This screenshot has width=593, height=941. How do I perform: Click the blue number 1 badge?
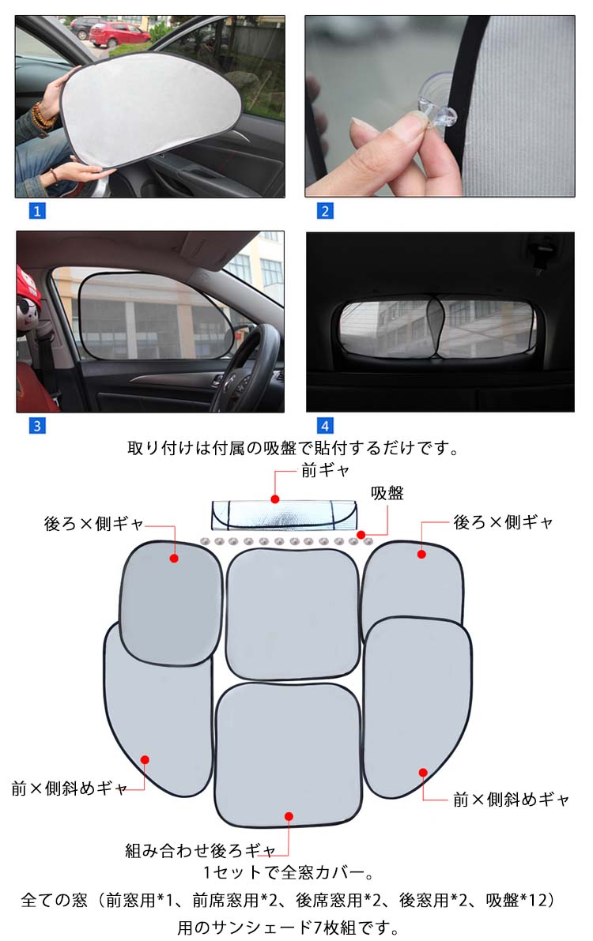pyautogui.click(x=36, y=211)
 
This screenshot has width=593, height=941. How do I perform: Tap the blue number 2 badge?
pyautogui.click(x=324, y=211)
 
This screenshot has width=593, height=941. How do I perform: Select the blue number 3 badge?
pyautogui.click(x=36, y=426)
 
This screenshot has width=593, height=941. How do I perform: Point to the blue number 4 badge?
pyautogui.click(x=324, y=426)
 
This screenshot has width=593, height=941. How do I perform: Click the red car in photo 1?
pyautogui.click(x=119, y=35)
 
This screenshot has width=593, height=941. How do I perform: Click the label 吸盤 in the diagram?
pyautogui.click(x=387, y=493)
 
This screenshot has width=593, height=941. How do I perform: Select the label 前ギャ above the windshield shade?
pyautogui.click(x=325, y=471)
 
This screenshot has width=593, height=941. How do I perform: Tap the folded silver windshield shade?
pyautogui.click(x=284, y=515)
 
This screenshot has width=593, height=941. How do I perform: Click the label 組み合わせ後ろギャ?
pyautogui.click(x=200, y=850)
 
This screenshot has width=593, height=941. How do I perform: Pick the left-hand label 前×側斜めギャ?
pyautogui.click(x=69, y=788)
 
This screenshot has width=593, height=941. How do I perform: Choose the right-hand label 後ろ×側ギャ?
pyautogui.click(x=503, y=522)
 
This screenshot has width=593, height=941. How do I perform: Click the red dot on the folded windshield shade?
pyautogui.click(x=275, y=499)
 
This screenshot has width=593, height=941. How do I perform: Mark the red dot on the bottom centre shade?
pyautogui.click(x=289, y=816)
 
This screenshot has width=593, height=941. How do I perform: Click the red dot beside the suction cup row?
pyautogui.click(x=361, y=534)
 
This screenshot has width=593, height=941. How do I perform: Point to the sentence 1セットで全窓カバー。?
pyautogui.click(x=289, y=872)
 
